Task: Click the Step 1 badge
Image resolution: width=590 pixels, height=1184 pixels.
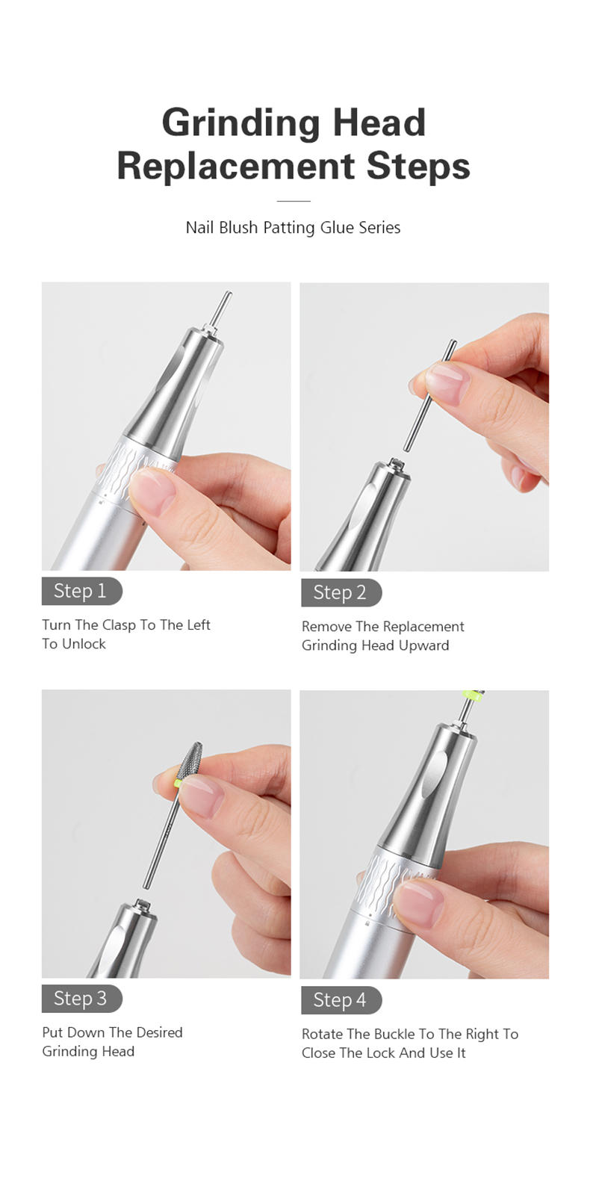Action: (81, 591)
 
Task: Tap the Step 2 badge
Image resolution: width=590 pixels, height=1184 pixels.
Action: (341, 592)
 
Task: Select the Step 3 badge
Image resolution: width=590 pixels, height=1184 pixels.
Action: (81, 998)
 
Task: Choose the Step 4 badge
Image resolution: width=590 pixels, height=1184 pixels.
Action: (341, 999)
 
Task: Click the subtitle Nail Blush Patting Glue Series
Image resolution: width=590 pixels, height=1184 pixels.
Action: (293, 228)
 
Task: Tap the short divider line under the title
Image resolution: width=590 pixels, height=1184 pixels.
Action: (294, 201)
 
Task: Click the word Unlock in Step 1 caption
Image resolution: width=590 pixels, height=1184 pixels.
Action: (84, 644)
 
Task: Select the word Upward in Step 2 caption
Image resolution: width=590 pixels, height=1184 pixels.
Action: (424, 645)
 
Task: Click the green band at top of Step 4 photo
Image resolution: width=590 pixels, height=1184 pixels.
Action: (471, 695)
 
